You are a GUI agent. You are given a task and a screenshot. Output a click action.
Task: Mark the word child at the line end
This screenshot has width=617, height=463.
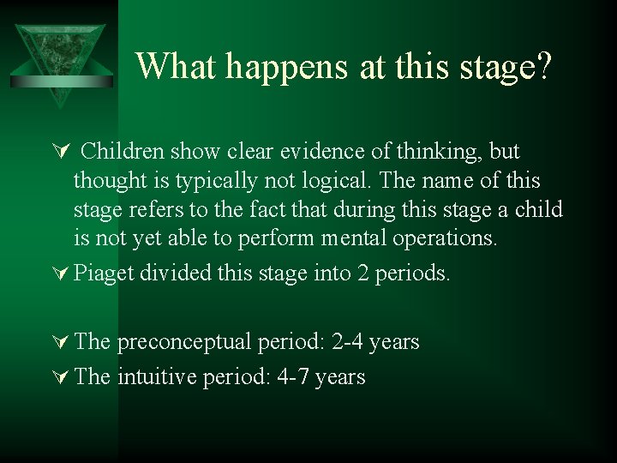tap(538, 209)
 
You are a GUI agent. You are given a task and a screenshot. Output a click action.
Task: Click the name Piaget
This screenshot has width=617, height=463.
tap(104, 274)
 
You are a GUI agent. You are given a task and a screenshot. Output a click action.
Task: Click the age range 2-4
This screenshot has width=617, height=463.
tap(347, 342)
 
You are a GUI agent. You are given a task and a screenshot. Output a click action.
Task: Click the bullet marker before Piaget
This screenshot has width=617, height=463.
tap(60, 274)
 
